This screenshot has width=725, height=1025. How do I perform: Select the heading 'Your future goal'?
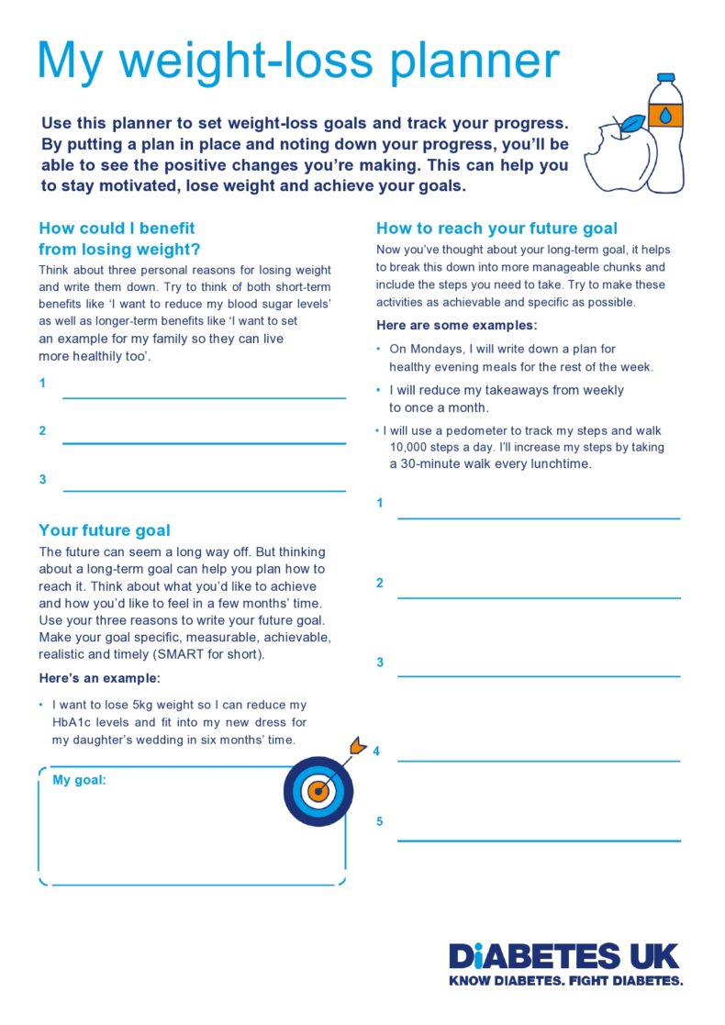coord(105,530)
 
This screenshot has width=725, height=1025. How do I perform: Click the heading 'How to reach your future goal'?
coord(496,228)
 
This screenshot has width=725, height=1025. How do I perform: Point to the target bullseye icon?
coord(317,790)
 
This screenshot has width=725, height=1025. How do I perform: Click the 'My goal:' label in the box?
coord(79,780)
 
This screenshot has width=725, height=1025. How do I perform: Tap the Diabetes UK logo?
coord(564,956)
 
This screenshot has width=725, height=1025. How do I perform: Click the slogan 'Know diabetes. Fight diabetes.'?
coord(565,981)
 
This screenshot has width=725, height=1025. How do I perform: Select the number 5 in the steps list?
coord(380,821)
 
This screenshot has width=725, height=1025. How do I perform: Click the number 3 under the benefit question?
coord(42,479)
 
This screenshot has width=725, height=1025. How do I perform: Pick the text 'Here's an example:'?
coord(99,679)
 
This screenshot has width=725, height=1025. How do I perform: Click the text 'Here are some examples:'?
coord(457,326)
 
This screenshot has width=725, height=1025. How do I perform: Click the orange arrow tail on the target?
coord(357,745)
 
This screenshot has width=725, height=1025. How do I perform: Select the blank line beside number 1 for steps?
coord(539,518)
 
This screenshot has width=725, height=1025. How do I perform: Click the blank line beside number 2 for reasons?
coord(204,443)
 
